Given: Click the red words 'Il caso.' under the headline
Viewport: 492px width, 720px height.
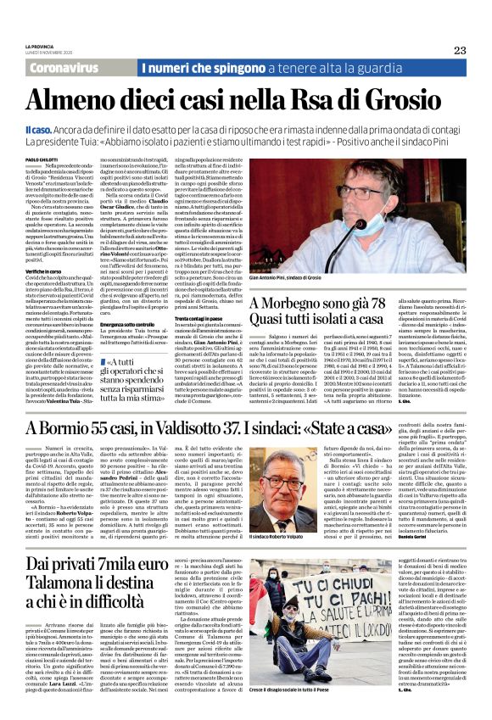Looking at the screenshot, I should [x=39, y=128].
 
